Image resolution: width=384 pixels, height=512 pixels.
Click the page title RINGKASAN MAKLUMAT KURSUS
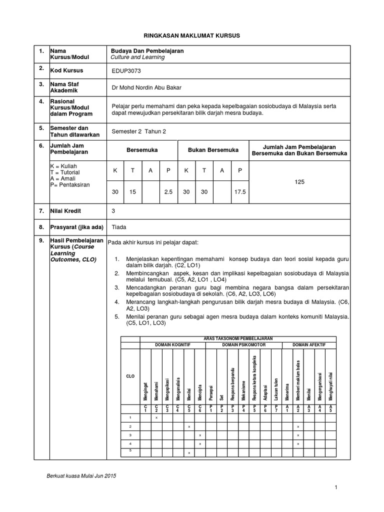[192, 36]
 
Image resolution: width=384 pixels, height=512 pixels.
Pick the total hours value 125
[299, 182]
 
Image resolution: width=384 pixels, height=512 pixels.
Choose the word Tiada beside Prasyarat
[119, 227]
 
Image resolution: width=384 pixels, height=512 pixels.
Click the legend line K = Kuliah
[63, 165]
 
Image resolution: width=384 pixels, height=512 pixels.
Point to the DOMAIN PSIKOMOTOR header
[244, 345]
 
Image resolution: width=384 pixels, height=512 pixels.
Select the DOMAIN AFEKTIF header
[310, 345]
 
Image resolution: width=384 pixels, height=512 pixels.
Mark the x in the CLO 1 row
[156, 417]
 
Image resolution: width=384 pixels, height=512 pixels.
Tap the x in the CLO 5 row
[188, 452]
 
